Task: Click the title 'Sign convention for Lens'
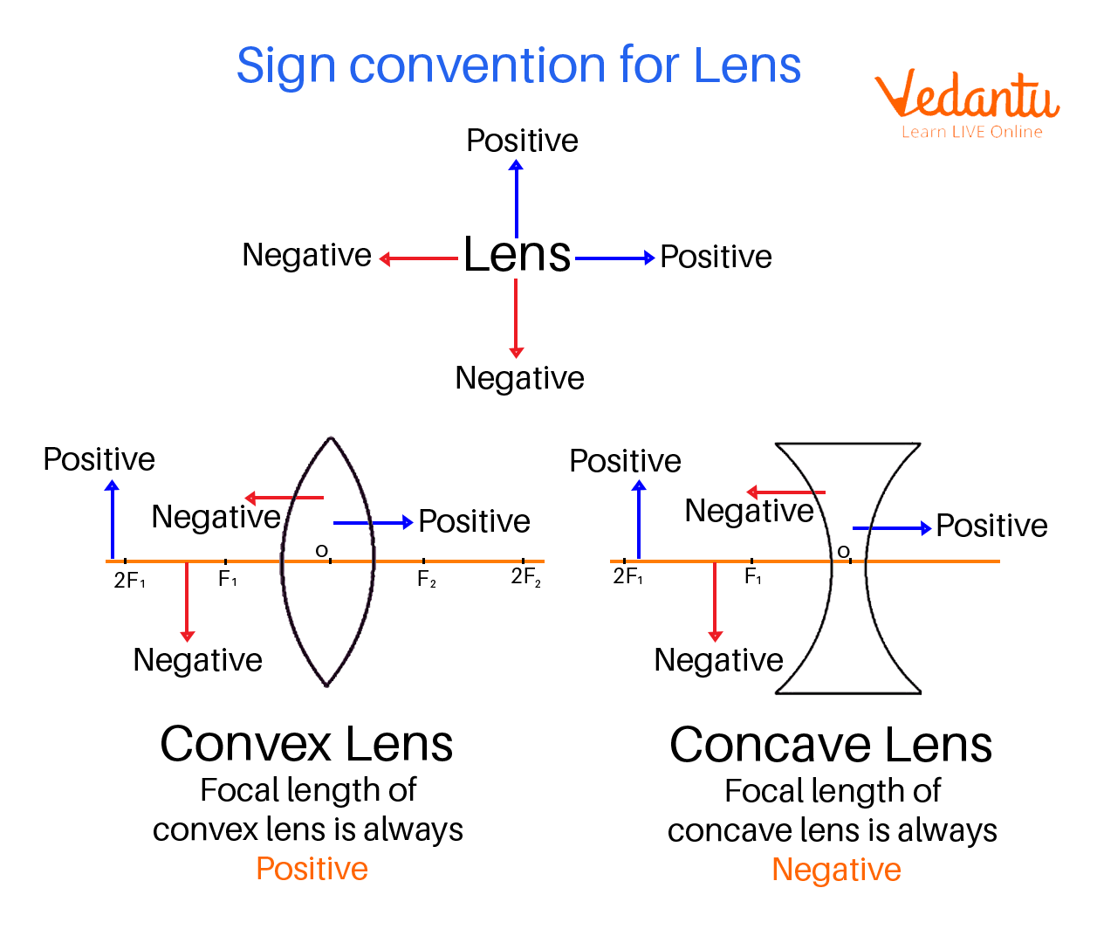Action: pos(518,65)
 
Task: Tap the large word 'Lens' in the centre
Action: pos(517,255)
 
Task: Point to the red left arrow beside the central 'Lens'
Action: pos(418,258)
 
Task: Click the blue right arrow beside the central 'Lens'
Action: pos(615,258)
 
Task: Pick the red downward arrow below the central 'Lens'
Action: pos(516,319)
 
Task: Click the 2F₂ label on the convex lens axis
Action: pos(525,577)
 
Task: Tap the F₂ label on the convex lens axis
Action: pos(426,579)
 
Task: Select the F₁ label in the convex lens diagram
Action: pos(227,579)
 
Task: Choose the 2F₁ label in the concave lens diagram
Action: pos(628,576)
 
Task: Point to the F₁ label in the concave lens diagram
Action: pos(752,577)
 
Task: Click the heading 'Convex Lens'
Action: pos(306,744)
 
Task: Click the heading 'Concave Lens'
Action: pos(831,745)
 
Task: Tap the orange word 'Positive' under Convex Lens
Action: pos(312,869)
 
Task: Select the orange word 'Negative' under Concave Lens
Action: pos(836,870)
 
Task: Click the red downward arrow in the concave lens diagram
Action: pos(715,602)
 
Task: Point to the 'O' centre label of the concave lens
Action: pos(843,552)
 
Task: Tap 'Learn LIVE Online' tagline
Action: pos(971,132)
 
